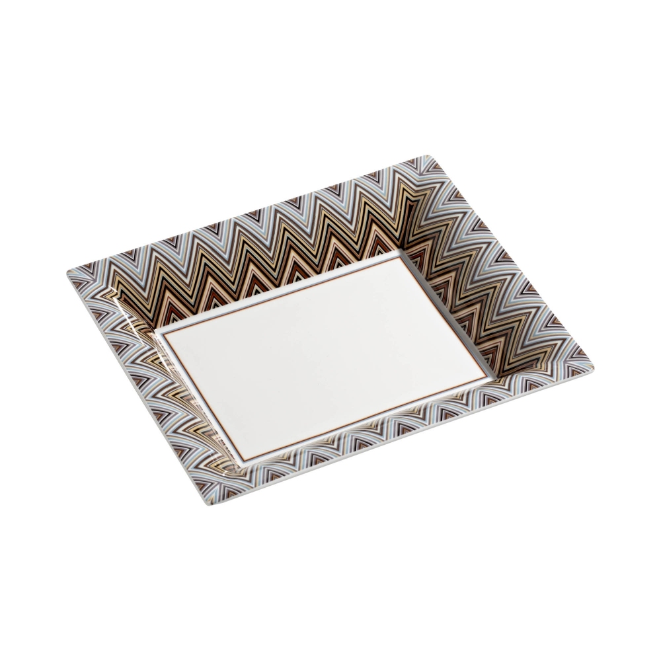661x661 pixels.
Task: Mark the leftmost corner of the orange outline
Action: coord(165,332)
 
